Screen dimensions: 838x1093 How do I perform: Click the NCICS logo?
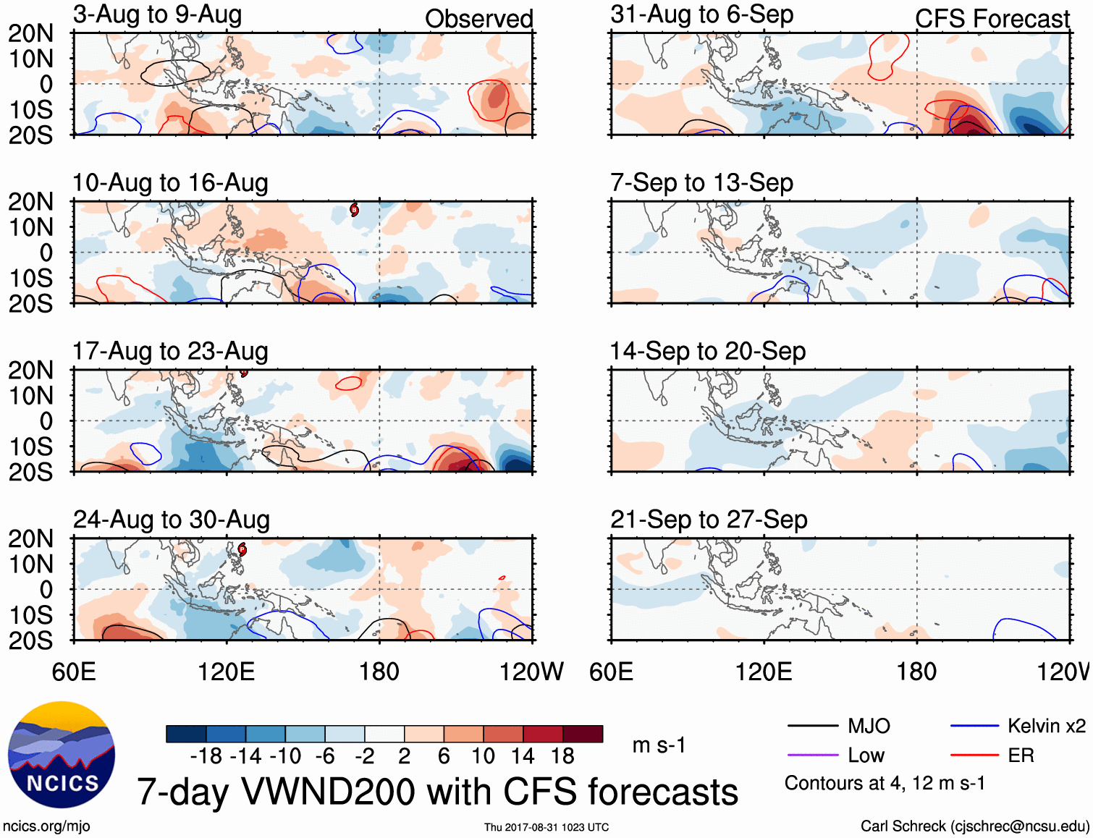coord(62,755)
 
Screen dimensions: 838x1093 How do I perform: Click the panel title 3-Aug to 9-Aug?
coord(157,14)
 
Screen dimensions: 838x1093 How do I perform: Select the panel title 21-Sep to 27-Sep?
coord(709,520)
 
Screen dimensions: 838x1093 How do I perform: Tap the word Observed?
coord(478,19)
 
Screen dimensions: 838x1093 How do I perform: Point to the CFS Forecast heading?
coord(992,19)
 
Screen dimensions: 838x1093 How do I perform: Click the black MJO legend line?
coord(812,726)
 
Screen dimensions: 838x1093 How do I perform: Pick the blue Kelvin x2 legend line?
coord(974,726)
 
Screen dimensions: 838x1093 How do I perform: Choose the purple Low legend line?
coord(812,756)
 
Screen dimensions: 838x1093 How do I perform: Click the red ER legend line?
coord(974,756)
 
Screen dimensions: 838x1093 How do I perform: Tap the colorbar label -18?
coord(206,756)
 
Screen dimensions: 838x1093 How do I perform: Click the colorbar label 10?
coord(483,756)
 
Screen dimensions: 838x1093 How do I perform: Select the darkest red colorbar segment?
coord(583,734)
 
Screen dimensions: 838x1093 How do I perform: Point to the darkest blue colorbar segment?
coord(186,734)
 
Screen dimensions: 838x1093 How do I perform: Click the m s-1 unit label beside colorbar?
coord(659,745)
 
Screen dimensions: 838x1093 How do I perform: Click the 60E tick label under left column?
coord(74,672)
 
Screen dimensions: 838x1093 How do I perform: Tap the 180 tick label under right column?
coord(916,672)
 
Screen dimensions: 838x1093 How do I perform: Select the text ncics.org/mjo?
coord(46,826)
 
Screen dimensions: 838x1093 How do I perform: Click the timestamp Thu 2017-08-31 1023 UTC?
coord(546,827)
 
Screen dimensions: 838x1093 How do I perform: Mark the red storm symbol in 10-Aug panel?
coord(354,210)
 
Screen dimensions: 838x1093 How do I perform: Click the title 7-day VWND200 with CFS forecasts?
coord(437,792)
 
